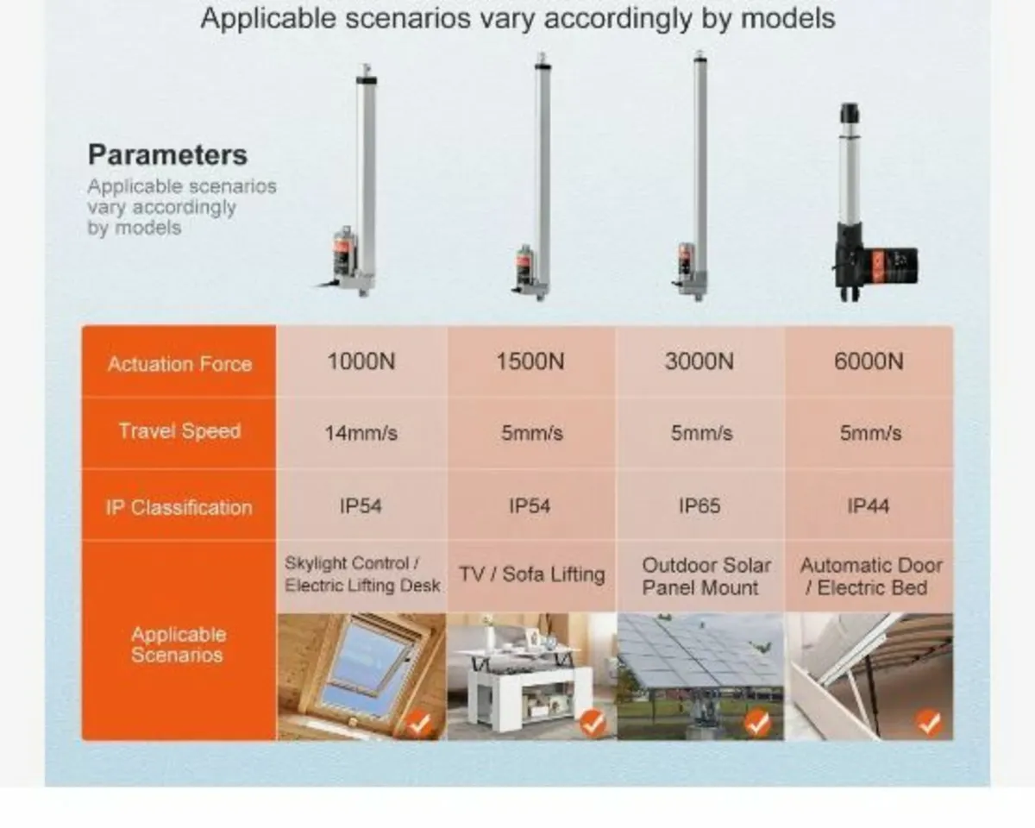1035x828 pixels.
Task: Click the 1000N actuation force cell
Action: tap(361, 361)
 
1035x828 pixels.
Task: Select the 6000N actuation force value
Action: tap(869, 361)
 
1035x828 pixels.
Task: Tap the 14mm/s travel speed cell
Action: tap(361, 433)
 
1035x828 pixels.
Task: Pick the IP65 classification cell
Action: tap(699, 506)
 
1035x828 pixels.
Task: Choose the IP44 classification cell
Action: tap(869, 506)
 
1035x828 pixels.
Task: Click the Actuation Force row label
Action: tap(179, 363)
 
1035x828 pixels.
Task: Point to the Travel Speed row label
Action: tap(179, 431)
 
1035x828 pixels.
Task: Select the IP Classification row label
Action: tap(179, 507)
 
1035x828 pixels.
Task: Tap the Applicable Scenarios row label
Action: tap(178, 644)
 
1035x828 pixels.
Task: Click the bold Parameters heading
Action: tap(167, 155)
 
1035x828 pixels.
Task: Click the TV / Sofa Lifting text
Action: tap(531, 574)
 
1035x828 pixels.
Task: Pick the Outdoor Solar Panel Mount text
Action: tap(706, 576)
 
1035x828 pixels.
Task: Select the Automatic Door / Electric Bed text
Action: tap(871, 576)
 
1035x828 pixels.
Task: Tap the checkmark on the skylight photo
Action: tap(419, 723)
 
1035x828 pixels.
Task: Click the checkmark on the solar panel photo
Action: tap(757, 723)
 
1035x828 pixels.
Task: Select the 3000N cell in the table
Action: tap(699, 361)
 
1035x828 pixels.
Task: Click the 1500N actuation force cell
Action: tap(530, 361)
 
